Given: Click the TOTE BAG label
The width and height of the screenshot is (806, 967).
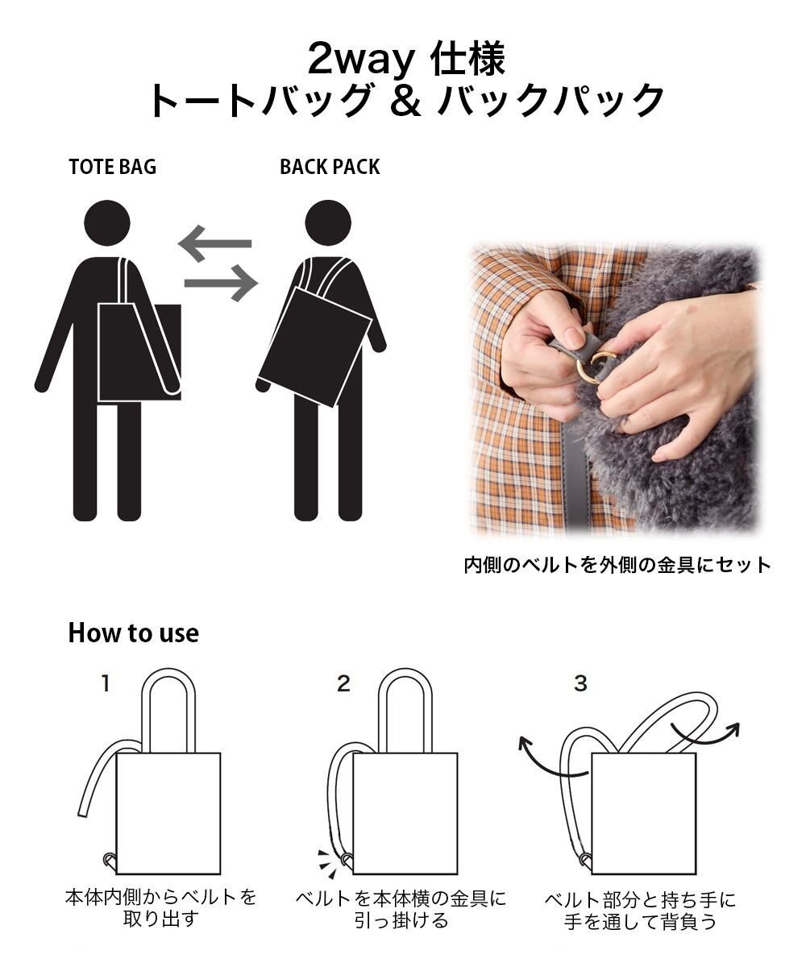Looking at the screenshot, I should (113, 167).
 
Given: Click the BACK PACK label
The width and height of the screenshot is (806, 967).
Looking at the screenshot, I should (330, 167).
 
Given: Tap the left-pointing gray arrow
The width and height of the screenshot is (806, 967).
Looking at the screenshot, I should (214, 243).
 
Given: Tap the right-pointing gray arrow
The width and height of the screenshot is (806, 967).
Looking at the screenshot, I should (221, 283).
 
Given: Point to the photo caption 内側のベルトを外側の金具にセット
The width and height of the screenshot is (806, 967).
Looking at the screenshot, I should (617, 564).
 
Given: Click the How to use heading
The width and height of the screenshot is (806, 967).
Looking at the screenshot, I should (133, 633).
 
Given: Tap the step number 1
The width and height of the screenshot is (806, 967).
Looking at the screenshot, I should (105, 684).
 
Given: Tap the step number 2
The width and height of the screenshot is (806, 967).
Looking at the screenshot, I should (344, 684).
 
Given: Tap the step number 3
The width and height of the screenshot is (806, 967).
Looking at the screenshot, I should (580, 684).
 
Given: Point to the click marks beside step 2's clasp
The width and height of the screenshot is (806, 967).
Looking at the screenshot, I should (326, 860).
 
